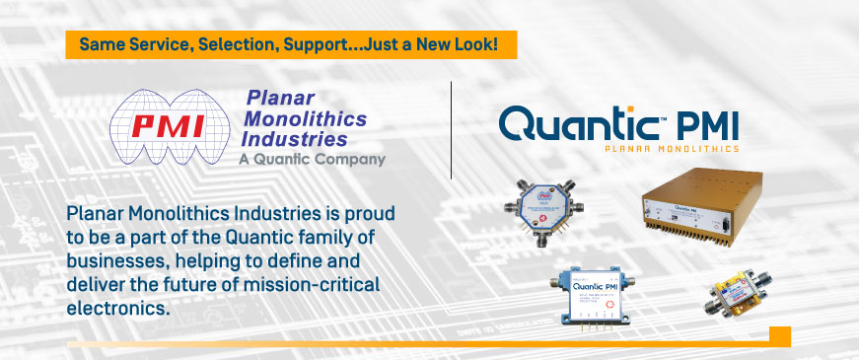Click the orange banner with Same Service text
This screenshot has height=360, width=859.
(x=291, y=44)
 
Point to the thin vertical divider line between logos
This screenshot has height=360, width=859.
(x=451, y=128)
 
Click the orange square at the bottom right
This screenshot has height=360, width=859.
(x=779, y=335)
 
